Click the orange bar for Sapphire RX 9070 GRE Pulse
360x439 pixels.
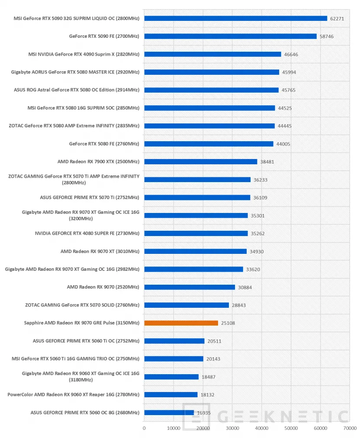click(x=181, y=323)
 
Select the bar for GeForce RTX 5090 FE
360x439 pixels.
click(x=231, y=36)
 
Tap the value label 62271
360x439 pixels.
click(x=337, y=19)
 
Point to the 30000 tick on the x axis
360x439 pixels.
click(x=232, y=428)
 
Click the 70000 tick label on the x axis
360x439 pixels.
click(x=350, y=428)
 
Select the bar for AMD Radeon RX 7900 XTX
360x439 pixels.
click(x=201, y=162)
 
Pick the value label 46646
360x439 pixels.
click(x=291, y=54)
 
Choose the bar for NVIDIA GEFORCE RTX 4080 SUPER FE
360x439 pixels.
click(x=196, y=233)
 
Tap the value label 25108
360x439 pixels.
click(x=228, y=323)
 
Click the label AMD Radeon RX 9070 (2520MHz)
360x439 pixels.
click(x=103, y=287)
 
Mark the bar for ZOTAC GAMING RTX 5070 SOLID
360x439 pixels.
click(x=187, y=305)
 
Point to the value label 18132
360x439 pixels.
click(x=207, y=395)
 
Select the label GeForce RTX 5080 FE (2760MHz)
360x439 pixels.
click(x=104, y=143)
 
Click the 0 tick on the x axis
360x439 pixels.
click(x=144, y=428)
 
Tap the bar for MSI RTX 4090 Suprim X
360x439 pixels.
click(x=213, y=54)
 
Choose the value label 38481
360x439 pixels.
click(x=267, y=162)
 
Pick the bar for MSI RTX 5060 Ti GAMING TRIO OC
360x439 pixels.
click(x=174, y=359)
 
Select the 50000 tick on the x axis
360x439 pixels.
click(x=291, y=428)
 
